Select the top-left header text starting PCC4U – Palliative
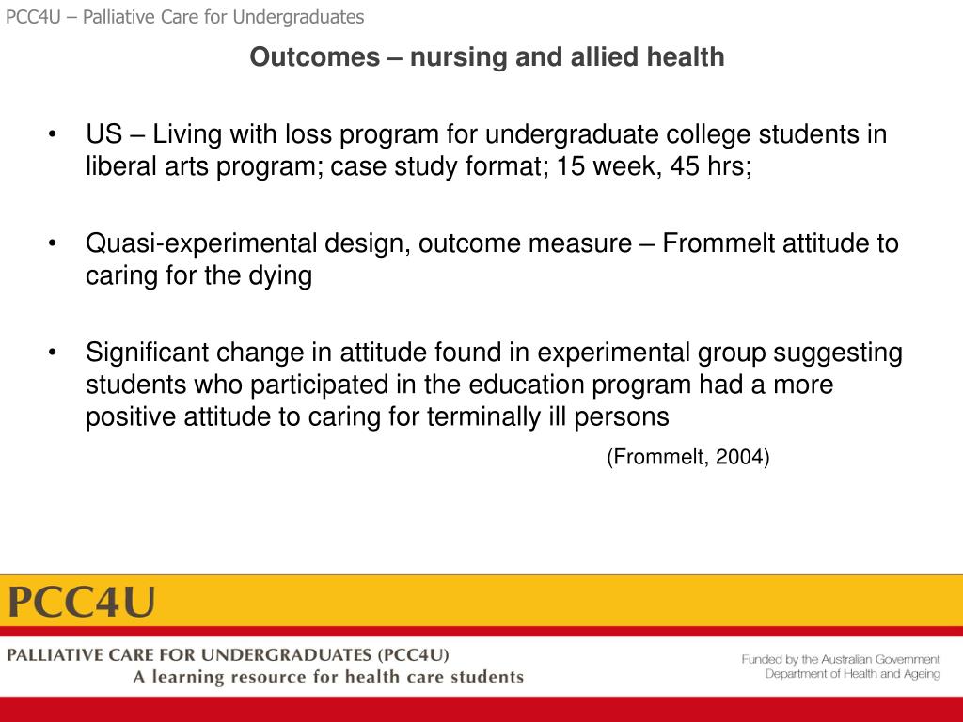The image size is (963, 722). coord(184,17)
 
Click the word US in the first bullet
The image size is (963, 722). coord(104,134)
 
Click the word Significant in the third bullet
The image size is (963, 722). coord(148,353)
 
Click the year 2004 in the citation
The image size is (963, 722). coord(739,458)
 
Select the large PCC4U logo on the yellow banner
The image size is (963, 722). coord(83,601)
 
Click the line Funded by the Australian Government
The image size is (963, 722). coord(840,659)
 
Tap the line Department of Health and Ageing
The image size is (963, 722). coord(852,674)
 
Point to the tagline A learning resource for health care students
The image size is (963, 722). coord(327,677)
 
